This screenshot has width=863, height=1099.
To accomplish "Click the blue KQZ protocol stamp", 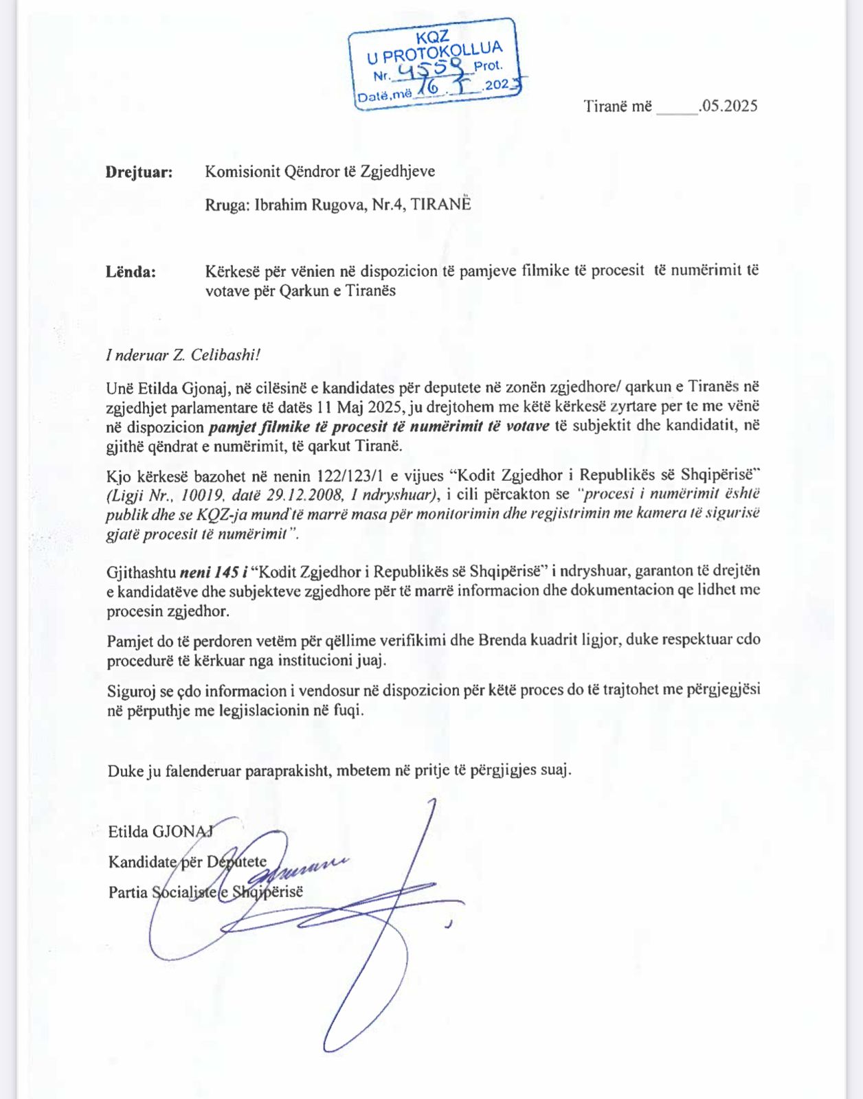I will click(436, 63).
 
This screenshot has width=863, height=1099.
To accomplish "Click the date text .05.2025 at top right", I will click(728, 106).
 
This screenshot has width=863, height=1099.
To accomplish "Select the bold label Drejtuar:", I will click(139, 172).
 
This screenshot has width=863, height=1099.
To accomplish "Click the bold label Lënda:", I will click(131, 272).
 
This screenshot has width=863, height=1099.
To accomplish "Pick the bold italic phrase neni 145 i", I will click(214, 571).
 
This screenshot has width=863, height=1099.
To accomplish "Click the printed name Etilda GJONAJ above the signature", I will click(161, 832).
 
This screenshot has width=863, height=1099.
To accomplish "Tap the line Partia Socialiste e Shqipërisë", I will click(205, 892).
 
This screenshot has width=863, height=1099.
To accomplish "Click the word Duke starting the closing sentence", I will click(126, 771).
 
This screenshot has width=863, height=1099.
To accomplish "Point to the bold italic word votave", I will click(527, 427).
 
